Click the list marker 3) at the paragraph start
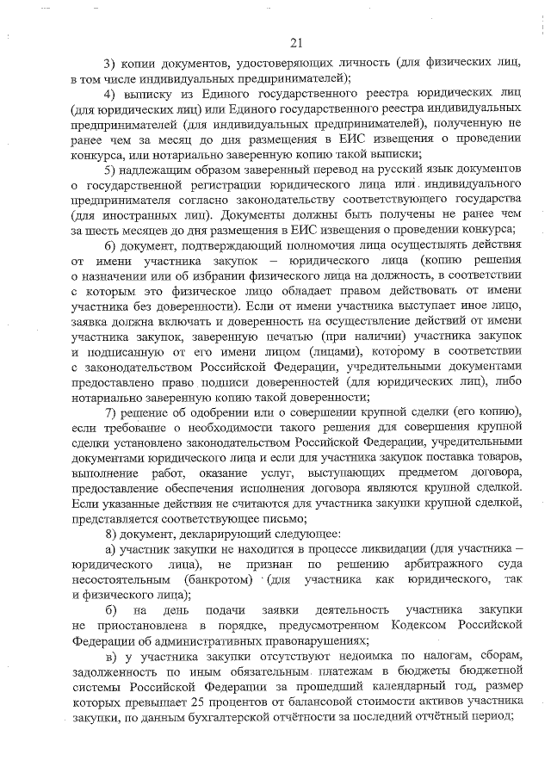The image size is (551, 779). [110, 65]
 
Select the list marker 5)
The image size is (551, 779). [110, 168]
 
